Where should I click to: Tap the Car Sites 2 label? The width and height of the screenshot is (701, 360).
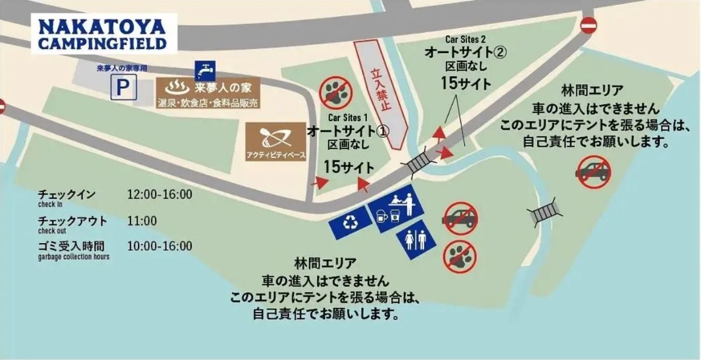tap(466, 39)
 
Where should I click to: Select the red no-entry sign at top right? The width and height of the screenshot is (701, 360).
tap(588, 25)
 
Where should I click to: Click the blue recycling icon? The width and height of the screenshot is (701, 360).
tap(350, 222)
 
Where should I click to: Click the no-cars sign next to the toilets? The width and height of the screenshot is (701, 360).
tap(460, 219)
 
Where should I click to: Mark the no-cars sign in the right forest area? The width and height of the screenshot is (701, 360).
tap(594, 172)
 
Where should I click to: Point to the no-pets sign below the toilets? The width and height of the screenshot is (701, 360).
tap(460, 256)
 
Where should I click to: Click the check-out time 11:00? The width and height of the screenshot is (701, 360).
tap(142, 221)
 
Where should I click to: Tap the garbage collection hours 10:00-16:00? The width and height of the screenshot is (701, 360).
tap(159, 246)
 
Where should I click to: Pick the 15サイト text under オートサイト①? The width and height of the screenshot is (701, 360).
tap(349, 166)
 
